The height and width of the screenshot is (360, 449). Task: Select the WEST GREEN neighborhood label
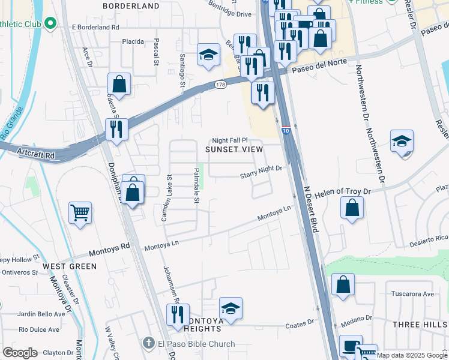coord(70,266)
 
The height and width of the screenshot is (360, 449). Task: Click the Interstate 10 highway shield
coord(286,130)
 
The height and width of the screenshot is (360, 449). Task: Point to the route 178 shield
coord(220,85)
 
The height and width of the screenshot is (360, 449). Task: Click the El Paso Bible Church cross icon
coord(149,344)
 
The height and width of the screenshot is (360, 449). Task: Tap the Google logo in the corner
coord(20,353)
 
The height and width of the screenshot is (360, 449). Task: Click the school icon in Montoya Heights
coord(231,308)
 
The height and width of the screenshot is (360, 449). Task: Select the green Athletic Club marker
coord(50,24)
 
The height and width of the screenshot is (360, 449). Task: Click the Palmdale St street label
coord(196,185)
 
